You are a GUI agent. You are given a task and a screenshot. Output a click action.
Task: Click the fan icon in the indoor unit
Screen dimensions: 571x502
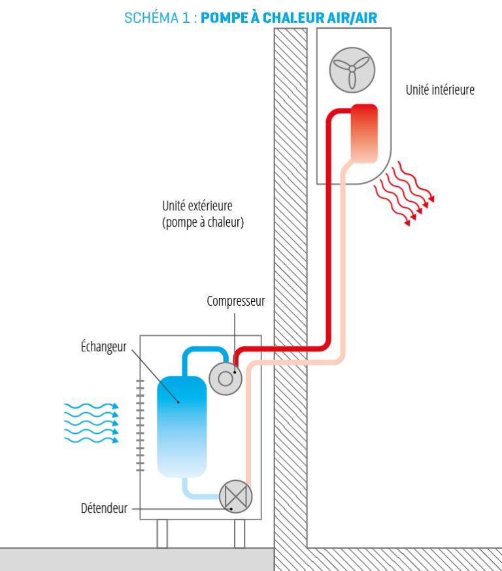(352, 69)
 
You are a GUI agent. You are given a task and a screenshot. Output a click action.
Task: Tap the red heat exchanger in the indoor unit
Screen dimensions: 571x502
(364, 133)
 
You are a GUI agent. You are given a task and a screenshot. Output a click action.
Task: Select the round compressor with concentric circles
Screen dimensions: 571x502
(226, 378)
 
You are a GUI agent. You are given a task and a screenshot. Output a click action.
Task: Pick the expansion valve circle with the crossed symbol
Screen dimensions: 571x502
(235, 497)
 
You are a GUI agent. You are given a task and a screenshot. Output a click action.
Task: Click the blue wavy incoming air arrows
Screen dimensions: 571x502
(92, 423)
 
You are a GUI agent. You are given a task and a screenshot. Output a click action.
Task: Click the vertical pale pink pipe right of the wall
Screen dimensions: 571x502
(342, 261)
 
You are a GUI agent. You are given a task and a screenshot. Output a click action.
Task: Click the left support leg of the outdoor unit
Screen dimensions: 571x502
(162, 533)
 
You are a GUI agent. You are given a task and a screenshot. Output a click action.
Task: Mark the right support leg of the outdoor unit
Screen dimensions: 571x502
(241, 533)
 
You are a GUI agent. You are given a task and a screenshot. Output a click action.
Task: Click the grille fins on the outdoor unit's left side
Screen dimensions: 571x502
(140, 425)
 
